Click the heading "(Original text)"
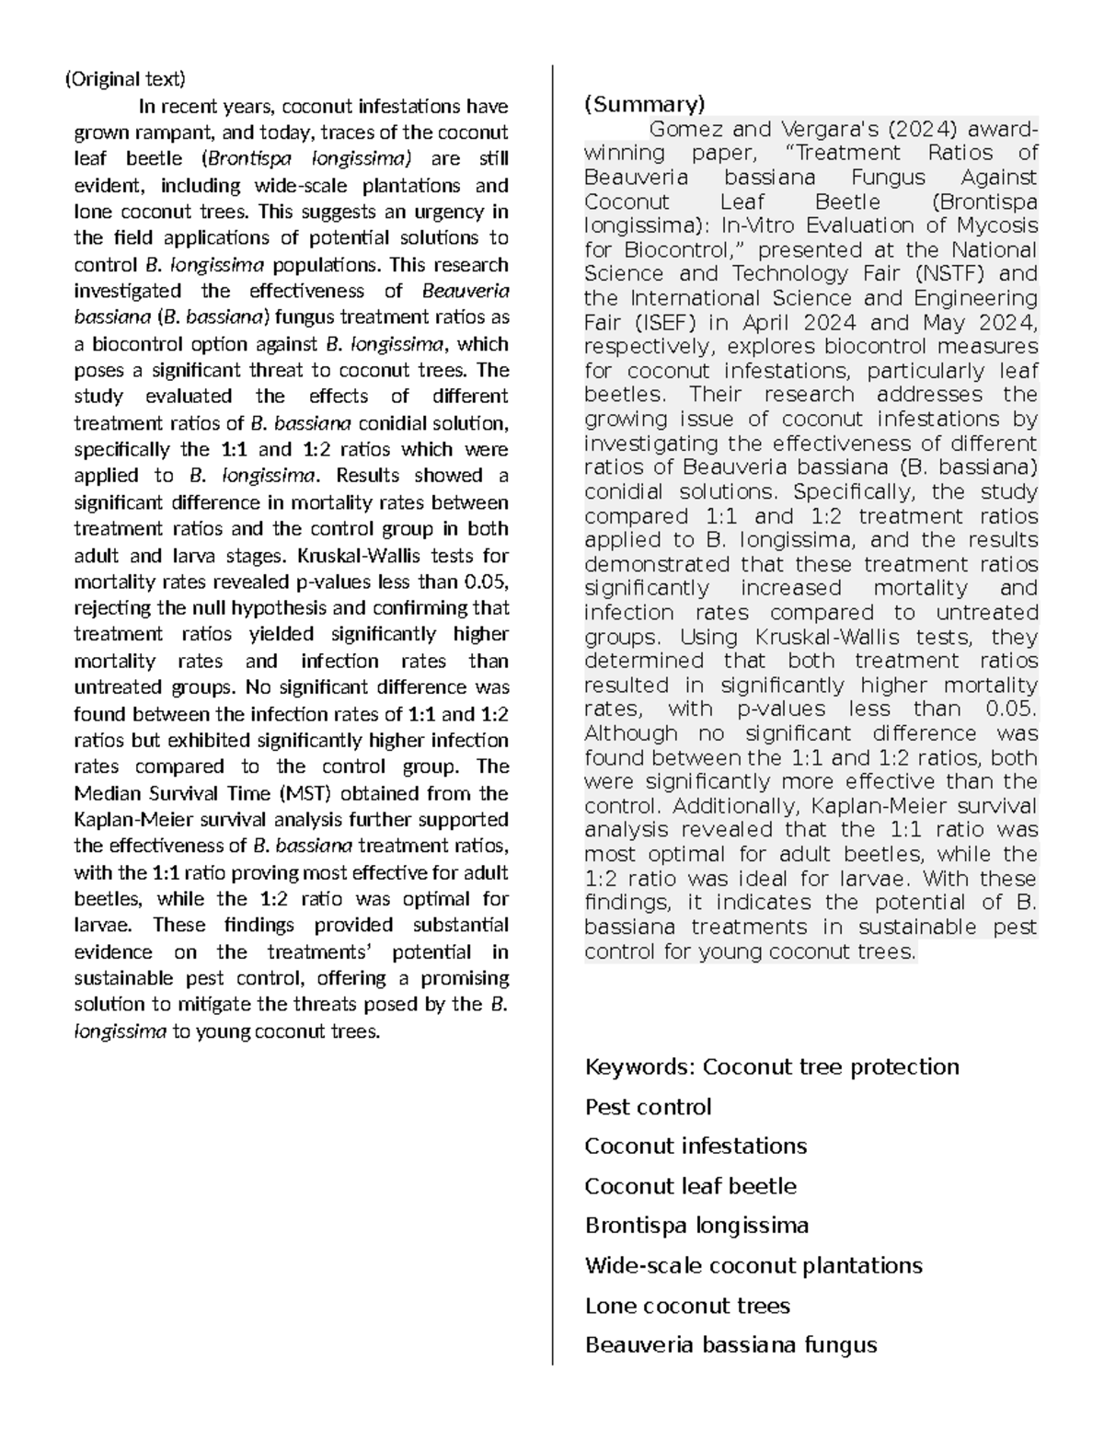tap(124, 79)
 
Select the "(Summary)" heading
tap(644, 104)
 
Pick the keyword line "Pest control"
tap(648, 1107)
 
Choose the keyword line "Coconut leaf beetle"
tap(690, 1186)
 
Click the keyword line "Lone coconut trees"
tap(687, 1306)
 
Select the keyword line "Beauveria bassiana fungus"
tap(730, 1345)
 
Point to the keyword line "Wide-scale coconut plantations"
tap(753, 1265)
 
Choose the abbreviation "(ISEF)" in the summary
tap(660, 323)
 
